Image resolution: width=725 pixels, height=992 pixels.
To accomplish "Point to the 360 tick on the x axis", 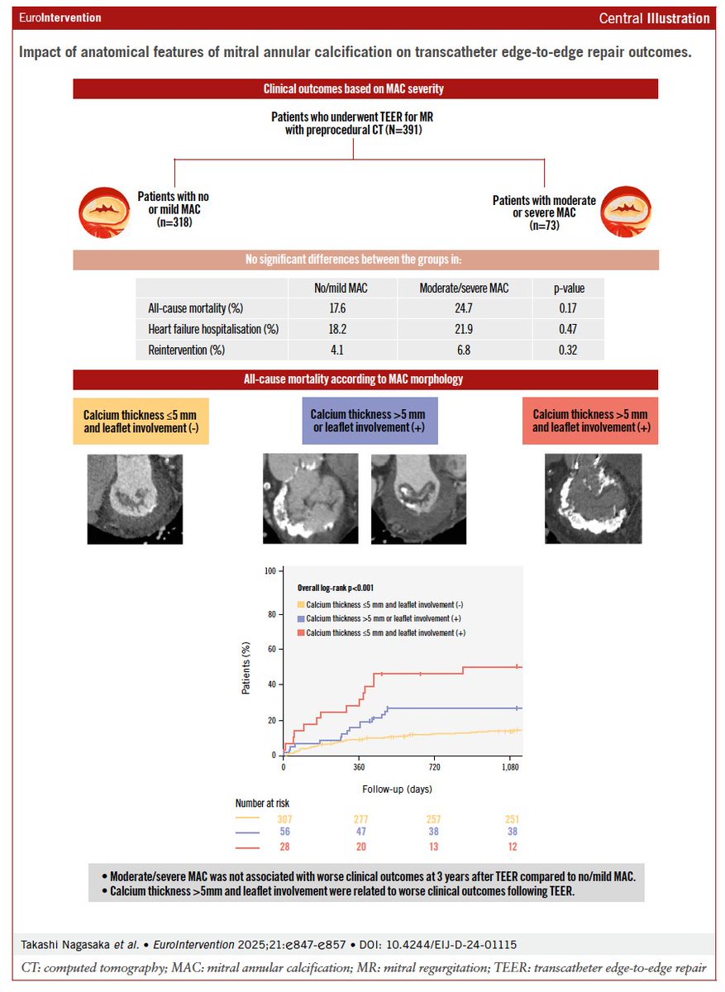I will (359, 768).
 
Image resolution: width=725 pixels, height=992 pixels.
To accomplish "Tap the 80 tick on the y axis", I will (269, 614).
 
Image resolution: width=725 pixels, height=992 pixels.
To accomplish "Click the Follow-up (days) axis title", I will (397, 789).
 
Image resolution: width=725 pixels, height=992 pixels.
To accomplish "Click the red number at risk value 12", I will (513, 847).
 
